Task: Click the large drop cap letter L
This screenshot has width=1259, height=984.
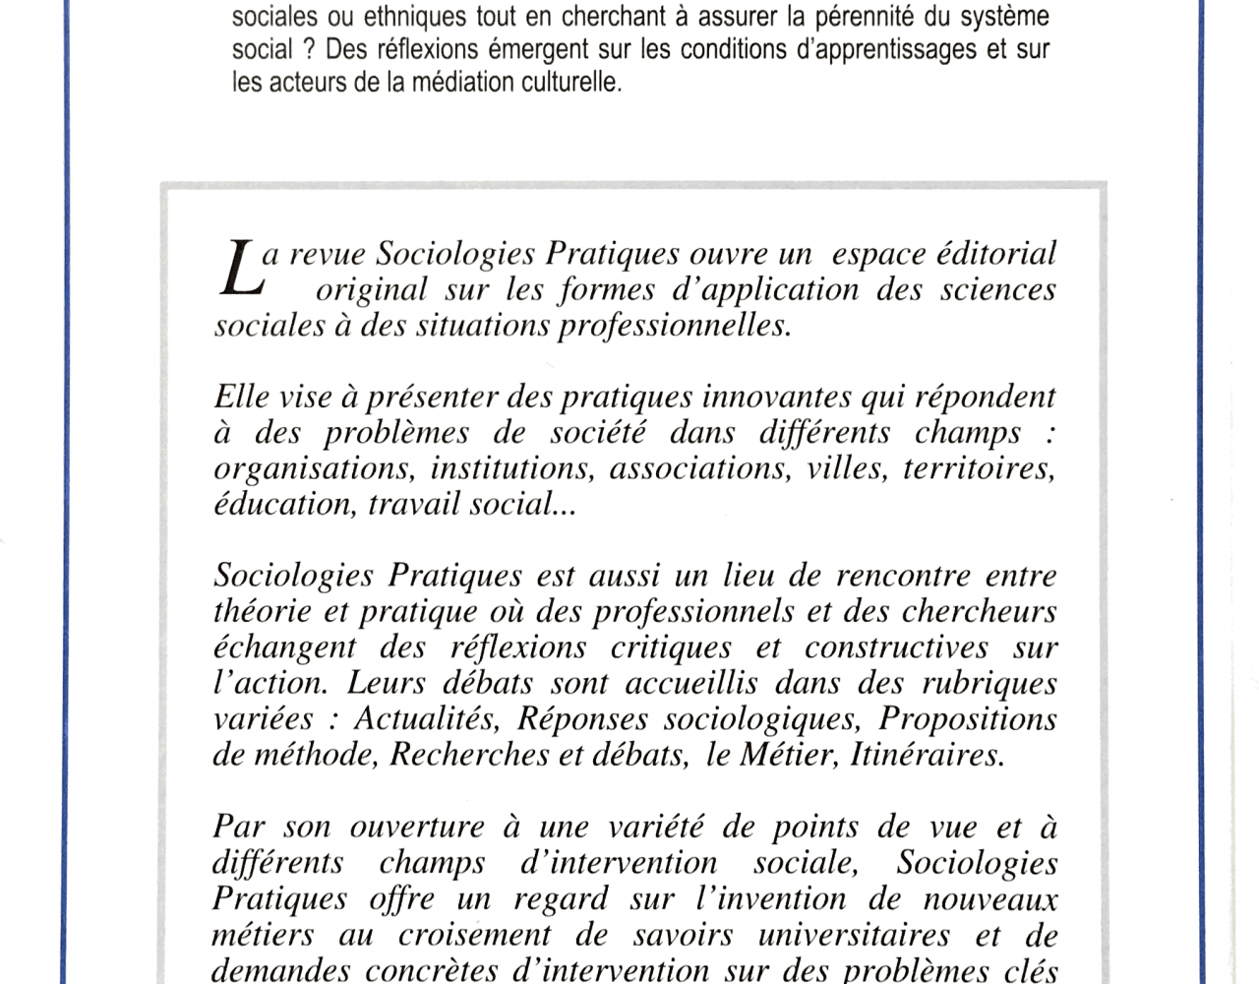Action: tap(239, 271)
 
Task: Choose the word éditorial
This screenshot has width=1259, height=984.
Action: tap(995, 254)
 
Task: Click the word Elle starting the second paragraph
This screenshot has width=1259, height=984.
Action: tap(241, 398)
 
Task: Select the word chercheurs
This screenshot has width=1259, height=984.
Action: tap(980, 612)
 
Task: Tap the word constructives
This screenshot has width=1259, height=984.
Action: tap(896, 647)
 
